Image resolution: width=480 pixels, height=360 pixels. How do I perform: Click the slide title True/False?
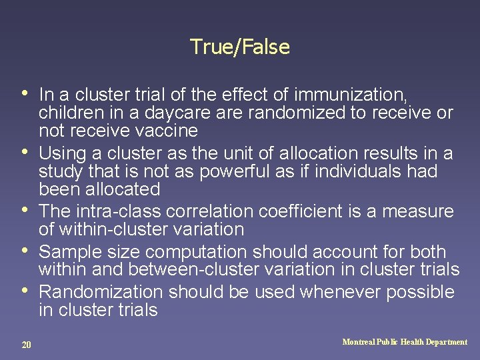240,47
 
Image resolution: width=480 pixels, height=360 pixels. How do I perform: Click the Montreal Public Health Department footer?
405,342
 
